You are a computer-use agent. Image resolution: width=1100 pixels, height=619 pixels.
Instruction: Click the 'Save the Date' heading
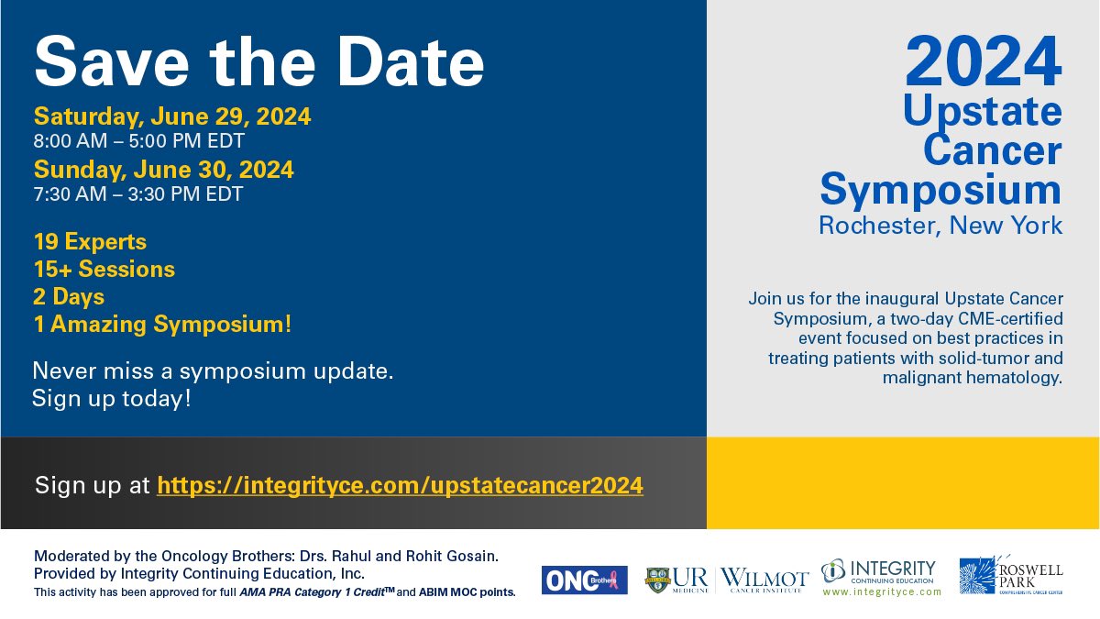tap(258, 61)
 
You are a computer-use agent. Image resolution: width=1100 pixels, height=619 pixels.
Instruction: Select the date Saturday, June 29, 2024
tap(172, 116)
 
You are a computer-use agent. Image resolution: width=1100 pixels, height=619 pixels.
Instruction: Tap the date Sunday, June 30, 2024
tap(164, 170)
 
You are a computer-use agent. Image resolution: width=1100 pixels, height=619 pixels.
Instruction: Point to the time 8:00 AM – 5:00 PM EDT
tap(138, 141)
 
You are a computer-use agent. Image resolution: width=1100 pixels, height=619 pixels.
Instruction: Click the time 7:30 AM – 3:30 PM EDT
tap(138, 194)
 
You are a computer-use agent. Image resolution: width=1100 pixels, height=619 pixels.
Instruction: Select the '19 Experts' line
tap(90, 242)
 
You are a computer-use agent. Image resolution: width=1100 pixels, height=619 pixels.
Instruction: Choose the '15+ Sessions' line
tap(104, 270)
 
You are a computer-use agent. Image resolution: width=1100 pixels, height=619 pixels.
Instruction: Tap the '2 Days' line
tap(69, 297)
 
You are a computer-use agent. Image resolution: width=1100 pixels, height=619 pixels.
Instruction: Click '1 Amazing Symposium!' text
tap(162, 324)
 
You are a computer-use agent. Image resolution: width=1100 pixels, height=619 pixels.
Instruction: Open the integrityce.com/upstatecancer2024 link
tap(400, 485)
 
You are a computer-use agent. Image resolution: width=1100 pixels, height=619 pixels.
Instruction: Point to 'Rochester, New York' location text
tap(940, 225)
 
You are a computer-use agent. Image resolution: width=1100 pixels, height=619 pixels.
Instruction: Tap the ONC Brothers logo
tap(584, 580)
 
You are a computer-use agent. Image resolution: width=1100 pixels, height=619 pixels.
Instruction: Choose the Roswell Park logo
tap(1011, 577)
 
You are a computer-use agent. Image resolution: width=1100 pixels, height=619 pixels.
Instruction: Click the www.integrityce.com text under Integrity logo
tap(882, 592)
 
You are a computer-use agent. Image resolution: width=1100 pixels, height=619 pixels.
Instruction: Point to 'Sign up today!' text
tap(111, 399)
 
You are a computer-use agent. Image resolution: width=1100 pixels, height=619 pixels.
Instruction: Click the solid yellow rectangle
tap(902, 483)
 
